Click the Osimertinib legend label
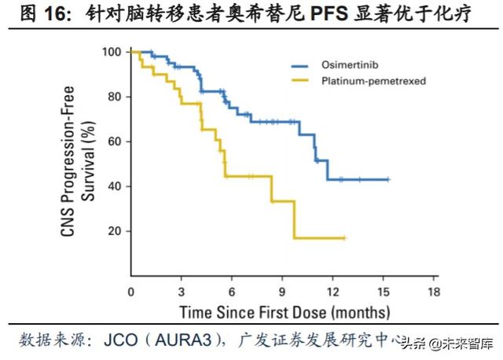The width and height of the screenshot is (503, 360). pos(344,66)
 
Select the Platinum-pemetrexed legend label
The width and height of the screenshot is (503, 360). pos(366,80)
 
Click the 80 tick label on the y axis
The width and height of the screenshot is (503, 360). pos(113,97)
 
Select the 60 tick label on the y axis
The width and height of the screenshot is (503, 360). pos(113,141)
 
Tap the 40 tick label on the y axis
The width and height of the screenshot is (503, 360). pos(113,186)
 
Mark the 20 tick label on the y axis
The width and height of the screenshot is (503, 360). pos(113,231)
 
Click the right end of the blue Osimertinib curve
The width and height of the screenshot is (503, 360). pos(388,180)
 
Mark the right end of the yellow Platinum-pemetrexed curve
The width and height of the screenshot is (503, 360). pos(344,237)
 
